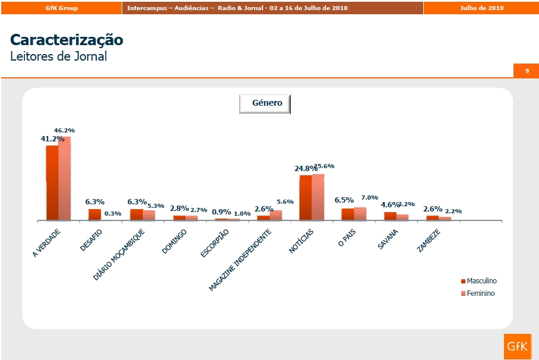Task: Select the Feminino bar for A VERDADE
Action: pyautogui.click(x=64, y=178)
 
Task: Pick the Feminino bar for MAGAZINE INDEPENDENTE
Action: pyautogui.click(x=275, y=216)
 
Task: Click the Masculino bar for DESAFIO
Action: pyautogui.click(x=94, y=214)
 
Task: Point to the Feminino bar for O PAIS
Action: pyautogui.click(x=360, y=214)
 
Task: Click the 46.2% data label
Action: pyautogui.click(x=64, y=130)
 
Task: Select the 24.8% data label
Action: pyautogui.click(x=306, y=169)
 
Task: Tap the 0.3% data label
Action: pyautogui.click(x=113, y=214)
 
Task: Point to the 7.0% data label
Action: pyautogui.click(x=369, y=197)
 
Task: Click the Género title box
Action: pyautogui.click(x=265, y=103)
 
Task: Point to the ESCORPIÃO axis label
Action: pyautogui.click(x=214, y=243)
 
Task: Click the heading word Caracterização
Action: pyautogui.click(x=66, y=40)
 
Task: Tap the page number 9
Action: pyautogui.click(x=527, y=71)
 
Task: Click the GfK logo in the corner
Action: pyautogui.click(x=516, y=347)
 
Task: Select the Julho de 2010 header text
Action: pyautogui.click(x=481, y=8)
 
